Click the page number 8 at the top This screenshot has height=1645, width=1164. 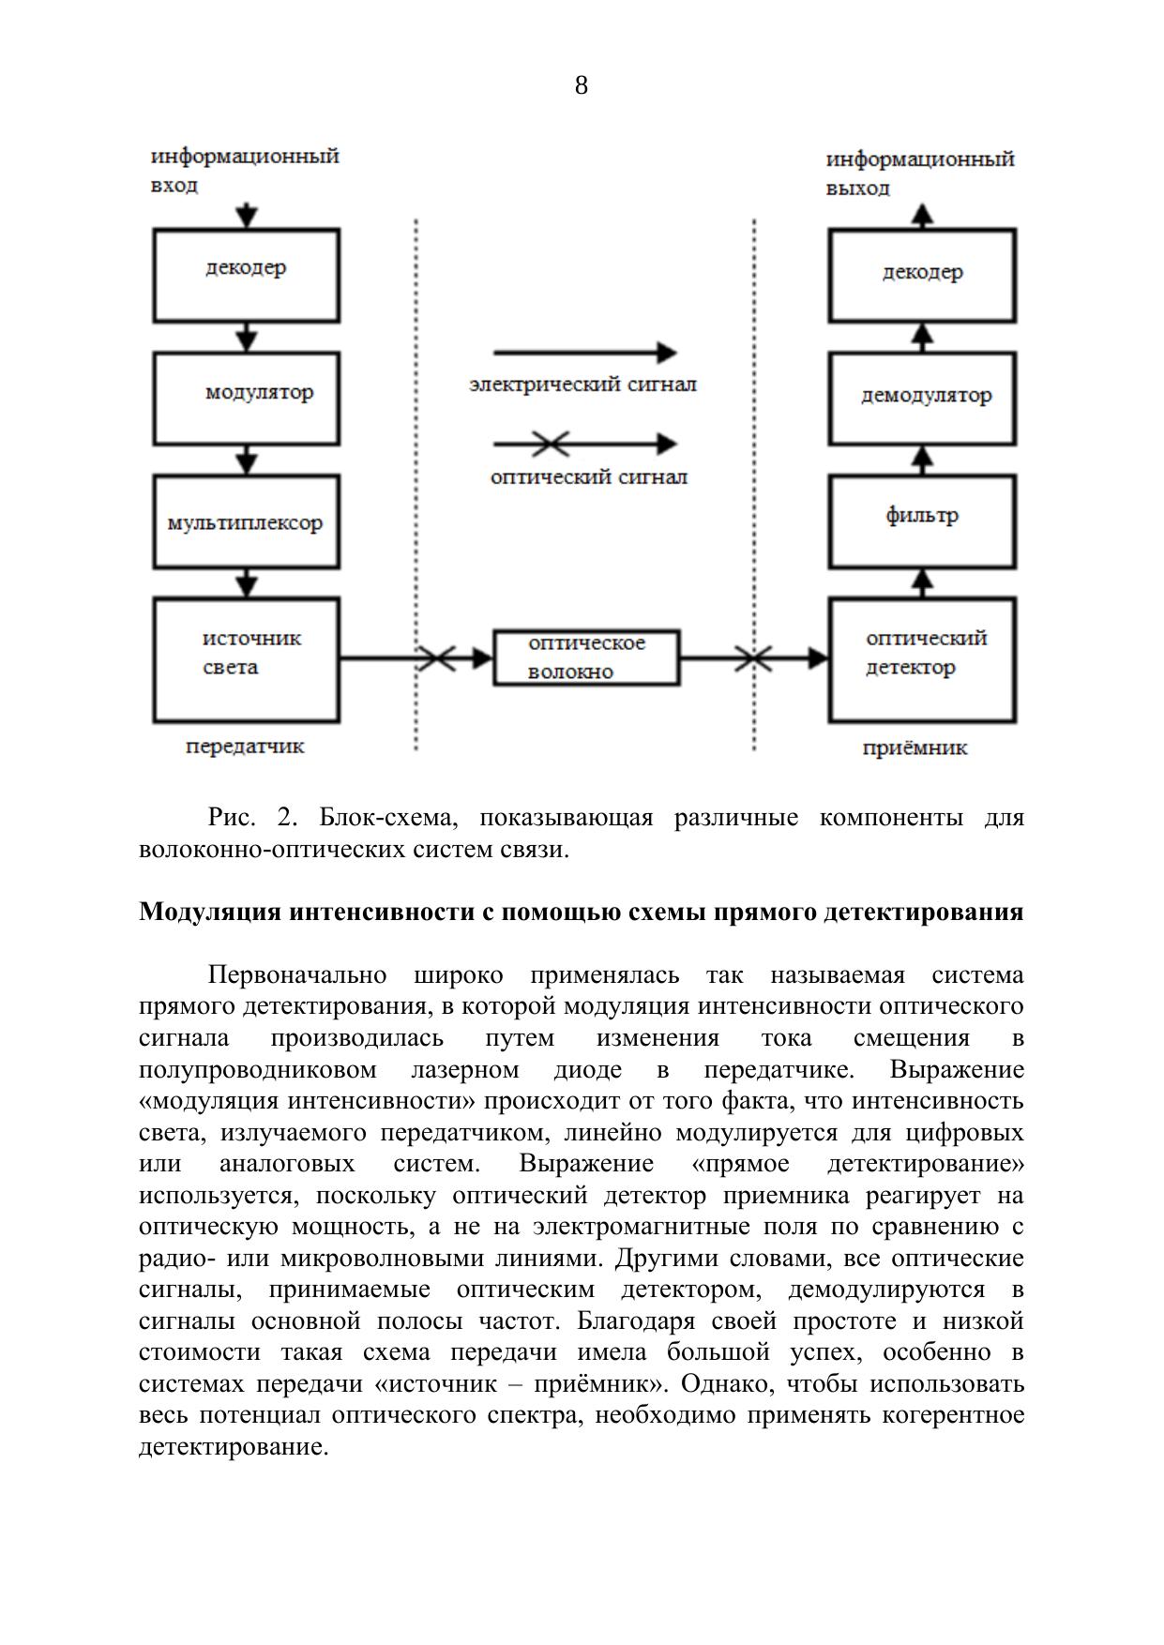pyautogui.click(x=581, y=86)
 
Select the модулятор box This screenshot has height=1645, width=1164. pyautogui.click(x=246, y=398)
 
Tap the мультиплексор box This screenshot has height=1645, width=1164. pyautogui.click(x=246, y=521)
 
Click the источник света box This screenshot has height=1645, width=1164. pyautogui.click(x=246, y=659)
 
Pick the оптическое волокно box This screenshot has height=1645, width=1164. pyautogui.click(x=586, y=657)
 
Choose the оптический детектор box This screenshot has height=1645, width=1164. pyautogui.click(x=922, y=659)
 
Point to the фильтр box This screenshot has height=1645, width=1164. pyautogui.click(x=922, y=521)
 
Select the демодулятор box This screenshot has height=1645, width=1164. pyautogui.click(x=922, y=398)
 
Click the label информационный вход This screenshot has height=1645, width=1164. pyautogui.click(x=244, y=169)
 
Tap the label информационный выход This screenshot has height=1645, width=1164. pyautogui.click(x=919, y=173)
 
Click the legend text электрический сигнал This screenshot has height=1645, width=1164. pyautogui.click(x=583, y=385)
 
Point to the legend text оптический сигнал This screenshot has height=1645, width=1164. pyautogui.click(x=588, y=476)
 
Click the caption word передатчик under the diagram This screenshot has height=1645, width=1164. pyautogui.click(x=245, y=747)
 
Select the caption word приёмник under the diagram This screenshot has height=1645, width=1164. pyautogui.click(x=915, y=748)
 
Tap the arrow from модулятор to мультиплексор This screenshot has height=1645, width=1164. pyautogui.click(x=246, y=460)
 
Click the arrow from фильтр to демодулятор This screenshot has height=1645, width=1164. pyautogui.click(x=923, y=460)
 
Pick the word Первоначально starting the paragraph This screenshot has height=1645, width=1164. pyautogui.click(x=297, y=975)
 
